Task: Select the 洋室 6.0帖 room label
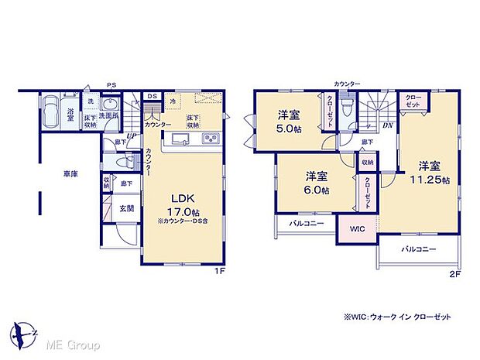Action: point(317,181)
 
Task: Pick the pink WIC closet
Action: point(357,229)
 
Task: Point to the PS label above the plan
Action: point(111,86)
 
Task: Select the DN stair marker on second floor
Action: point(386,125)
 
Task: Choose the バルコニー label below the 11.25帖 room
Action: point(418,249)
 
